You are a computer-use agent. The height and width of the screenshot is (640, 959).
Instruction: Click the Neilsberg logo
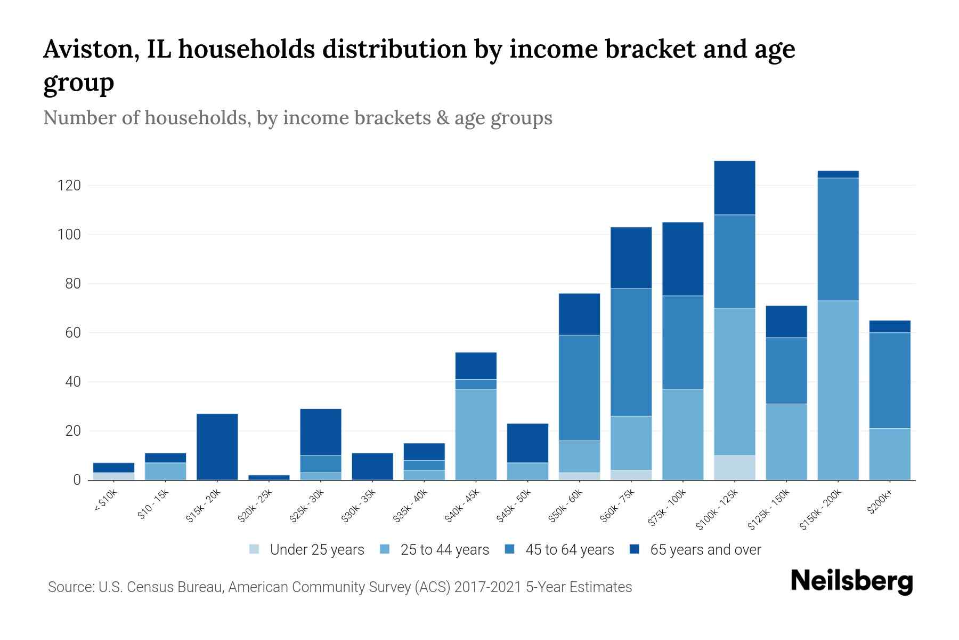(851, 581)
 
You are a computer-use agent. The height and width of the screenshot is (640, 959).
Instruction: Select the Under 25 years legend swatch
(255, 549)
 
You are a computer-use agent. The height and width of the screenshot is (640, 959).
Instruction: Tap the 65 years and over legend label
(705, 550)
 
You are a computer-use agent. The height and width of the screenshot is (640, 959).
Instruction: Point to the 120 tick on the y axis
(69, 186)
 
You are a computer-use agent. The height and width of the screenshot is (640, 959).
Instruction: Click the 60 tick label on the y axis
(72, 333)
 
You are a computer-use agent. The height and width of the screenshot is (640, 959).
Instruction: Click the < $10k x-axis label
(105, 501)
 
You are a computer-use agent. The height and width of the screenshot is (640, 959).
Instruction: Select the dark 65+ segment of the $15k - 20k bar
(217, 446)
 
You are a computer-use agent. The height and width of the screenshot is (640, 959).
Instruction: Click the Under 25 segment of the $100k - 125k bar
(735, 467)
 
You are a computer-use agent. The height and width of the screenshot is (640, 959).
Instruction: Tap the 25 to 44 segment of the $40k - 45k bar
(476, 434)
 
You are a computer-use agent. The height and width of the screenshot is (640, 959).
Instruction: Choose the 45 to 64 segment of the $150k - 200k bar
(838, 239)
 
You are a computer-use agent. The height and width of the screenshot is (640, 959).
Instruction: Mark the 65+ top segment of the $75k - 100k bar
(682, 259)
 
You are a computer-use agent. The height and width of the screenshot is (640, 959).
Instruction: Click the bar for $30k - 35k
(372, 466)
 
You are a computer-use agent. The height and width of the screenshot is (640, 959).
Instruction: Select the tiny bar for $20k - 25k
(269, 477)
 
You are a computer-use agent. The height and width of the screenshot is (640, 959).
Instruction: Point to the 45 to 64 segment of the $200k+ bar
(890, 380)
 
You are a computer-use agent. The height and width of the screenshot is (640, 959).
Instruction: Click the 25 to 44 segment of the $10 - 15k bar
(165, 471)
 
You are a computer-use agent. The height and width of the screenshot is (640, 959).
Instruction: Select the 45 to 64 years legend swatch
(510, 549)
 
